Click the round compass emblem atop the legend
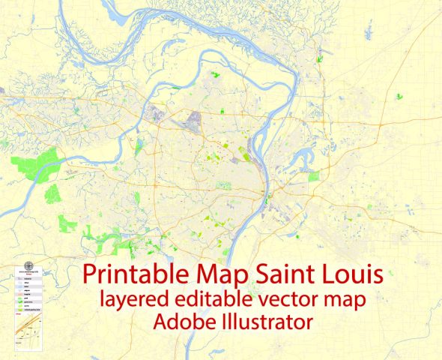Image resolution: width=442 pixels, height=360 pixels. (x=29, y=264)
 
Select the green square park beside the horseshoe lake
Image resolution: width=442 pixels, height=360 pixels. (x=314, y=175)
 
